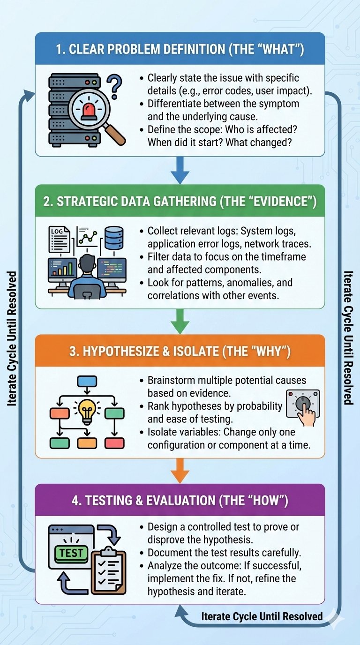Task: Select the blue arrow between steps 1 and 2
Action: pyautogui.click(x=180, y=170)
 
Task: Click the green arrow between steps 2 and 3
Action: pyautogui.click(x=180, y=322)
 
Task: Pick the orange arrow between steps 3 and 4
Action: pyautogui.click(x=180, y=471)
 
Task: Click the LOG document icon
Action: pyautogui.click(x=60, y=240)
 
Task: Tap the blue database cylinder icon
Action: pyautogui.click(x=114, y=238)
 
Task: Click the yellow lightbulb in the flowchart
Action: pyautogui.click(x=87, y=412)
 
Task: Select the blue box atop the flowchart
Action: pyautogui.click(x=87, y=381)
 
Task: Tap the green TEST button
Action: pyautogui.click(x=71, y=553)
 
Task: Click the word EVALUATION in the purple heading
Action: pyautogui.click(x=180, y=501)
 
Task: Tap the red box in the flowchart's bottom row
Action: pyautogui.click(x=114, y=443)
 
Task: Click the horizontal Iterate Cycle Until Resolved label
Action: pyautogui.click(x=262, y=616)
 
